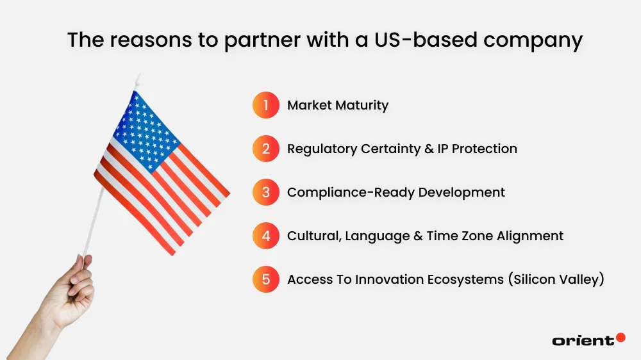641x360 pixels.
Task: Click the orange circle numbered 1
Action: pyautogui.click(x=266, y=105)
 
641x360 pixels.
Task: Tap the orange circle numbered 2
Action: pyautogui.click(x=266, y=149)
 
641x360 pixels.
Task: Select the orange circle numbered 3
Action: pyautogui.click(x=266, y=192)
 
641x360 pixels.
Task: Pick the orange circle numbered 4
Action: pyautogui.click(x=266, y=236)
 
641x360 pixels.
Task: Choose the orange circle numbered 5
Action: pyautogui.click(x=266, y=279)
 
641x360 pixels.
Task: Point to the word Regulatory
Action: pyautogui.click(x=322, y=149)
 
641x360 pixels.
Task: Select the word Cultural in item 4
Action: pyautogui.click(x=313, y=236)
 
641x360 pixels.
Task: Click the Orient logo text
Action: pyautogui.click(x=583, y=341)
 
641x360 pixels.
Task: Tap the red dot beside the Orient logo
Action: pyautogui.click(x=620, y=337)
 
